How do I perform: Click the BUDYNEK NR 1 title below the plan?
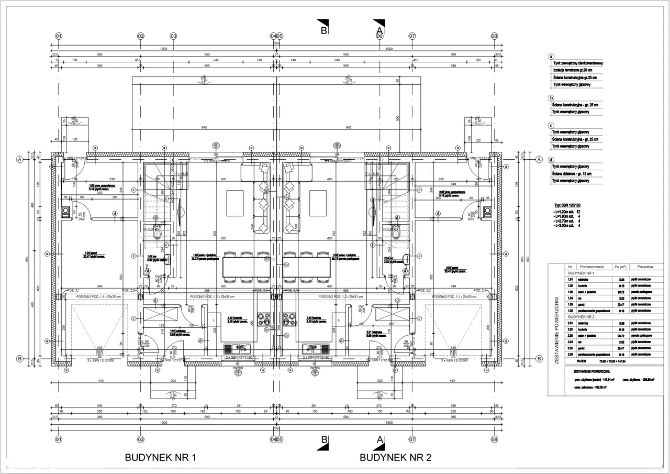click(x=160, y=457)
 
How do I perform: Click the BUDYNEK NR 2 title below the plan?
click(x=395, y=457)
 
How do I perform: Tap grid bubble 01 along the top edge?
click(x=59, y=36)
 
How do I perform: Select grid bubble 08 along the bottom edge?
click(x=494, y=439)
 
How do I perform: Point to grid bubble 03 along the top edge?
click(x=173, y=36)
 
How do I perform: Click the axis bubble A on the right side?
click(x=539, y=159)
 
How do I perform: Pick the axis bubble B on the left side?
click(x=19, y=359)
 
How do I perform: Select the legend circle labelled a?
click(x=551, y=57)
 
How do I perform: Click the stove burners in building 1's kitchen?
click(x=262, y=318)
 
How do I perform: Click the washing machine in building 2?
click(x=487, y=211)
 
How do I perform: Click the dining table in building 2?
click(x=307, y=266)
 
